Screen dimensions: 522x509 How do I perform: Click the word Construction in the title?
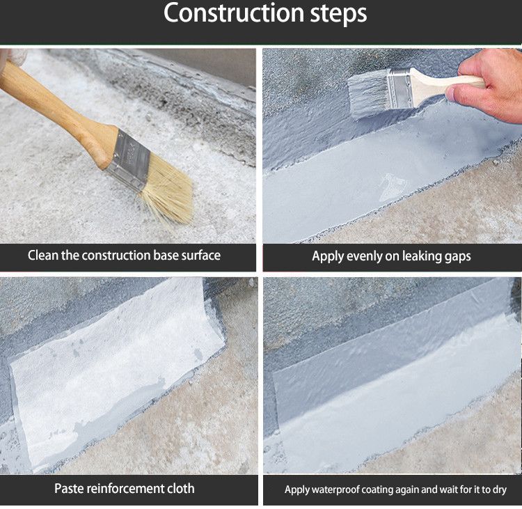coord(233,13)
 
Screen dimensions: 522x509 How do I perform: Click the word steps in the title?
coord(338,14)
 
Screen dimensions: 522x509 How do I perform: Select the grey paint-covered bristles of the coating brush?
coord(369,95)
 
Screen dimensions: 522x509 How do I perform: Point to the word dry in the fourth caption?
coord(498,490)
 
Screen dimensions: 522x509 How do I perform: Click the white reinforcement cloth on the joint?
coord(116,366)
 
